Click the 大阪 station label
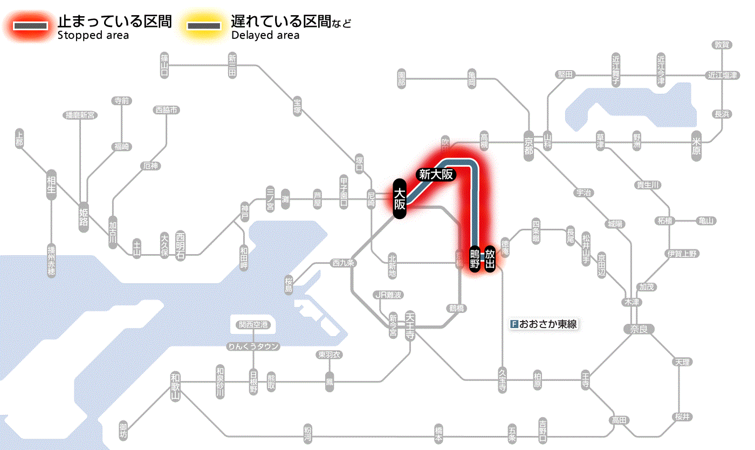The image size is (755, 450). [399, 199]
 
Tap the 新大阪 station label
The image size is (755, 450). [436, 174]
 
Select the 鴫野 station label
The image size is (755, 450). [475, 260]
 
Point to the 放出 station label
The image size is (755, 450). [490, 259]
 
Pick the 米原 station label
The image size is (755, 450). [697, 146]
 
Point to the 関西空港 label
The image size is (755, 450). [253, 325]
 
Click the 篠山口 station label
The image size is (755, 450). [164, 64]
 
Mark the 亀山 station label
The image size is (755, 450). [706, 221]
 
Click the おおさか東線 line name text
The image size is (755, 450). [546, 325]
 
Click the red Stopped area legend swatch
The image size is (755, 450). [33, 25]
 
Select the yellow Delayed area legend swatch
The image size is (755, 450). [203, 25]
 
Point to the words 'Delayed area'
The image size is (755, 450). [265, 36]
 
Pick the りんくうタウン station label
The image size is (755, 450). [253, 346]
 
